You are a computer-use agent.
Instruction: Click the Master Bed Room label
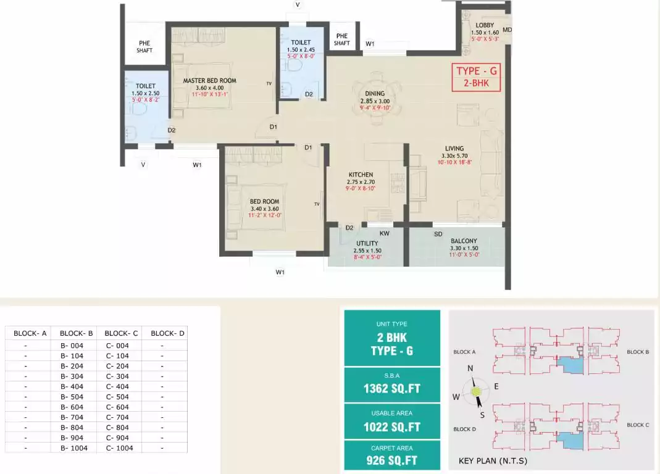click(209, 81)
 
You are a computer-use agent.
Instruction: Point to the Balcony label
click(464, 241)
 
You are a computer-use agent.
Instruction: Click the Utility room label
click(367, 244)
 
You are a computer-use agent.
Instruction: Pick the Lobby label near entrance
click(485, 25)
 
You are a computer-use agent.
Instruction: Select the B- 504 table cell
click(73, 397)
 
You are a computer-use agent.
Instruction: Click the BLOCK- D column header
click(167, 333)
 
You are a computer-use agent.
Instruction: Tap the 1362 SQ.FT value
click(391, 390)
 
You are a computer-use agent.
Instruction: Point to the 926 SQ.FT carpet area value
click(391, 460)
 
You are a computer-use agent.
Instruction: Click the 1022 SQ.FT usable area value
click(391, 426)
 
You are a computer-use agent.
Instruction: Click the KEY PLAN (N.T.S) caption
click(493, 461)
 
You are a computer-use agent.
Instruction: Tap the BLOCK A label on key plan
click(464, 352)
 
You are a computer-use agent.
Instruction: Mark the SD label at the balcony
click(438, 234)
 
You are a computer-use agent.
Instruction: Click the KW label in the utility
click(384, 234)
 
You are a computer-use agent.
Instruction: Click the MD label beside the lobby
click(507, 30)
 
